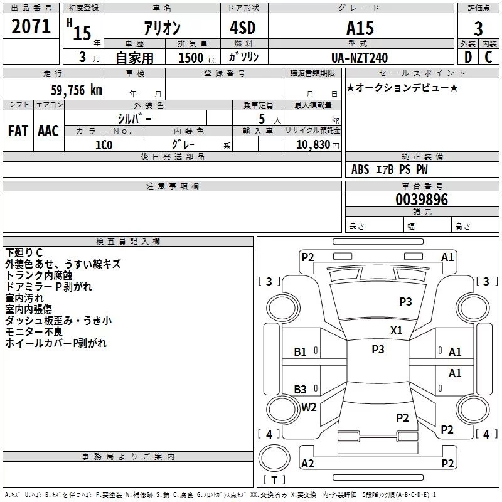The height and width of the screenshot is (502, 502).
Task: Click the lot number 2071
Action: click(31, 26)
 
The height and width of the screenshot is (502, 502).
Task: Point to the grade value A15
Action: click(360, 28)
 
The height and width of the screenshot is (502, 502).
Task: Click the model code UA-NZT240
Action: click(360, 58)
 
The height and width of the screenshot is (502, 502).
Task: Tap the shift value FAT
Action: click(18, 131)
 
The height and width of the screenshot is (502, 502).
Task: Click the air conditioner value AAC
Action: click(48, 131)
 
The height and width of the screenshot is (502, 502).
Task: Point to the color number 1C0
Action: click(104, 144)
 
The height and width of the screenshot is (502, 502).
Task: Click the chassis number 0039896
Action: click(422, 200)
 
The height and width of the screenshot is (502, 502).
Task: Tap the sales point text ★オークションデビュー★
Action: click(402, 88)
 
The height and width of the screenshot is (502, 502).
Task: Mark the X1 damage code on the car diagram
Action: click(397, 330)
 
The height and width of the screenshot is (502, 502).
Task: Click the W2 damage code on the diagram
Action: click(309, 407)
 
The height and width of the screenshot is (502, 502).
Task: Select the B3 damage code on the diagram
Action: click(301, 390)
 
